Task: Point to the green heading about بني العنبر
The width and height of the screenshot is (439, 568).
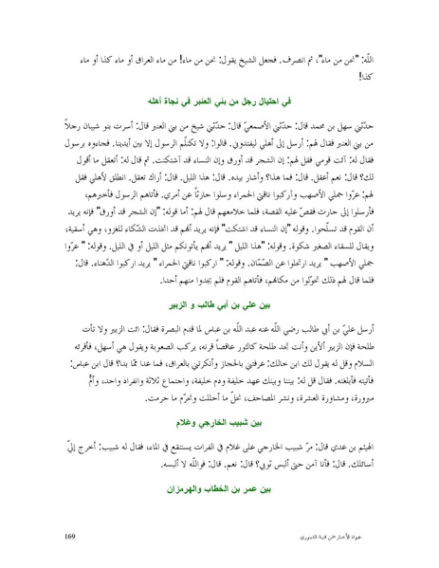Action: [219, 98]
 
